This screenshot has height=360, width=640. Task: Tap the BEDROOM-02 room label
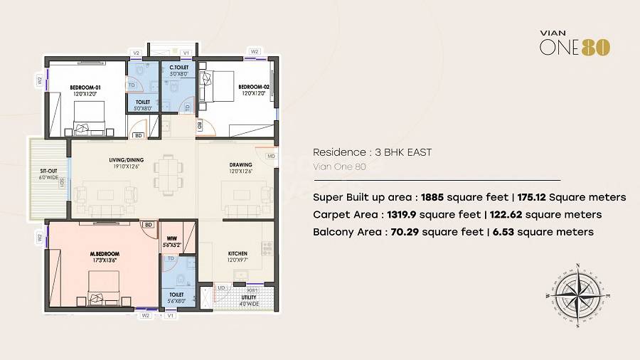click(252, 88)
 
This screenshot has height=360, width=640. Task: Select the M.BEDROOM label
click(105, 254)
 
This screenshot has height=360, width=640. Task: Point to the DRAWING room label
click(241, 164)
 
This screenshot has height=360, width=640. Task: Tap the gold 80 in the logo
click(596, 47)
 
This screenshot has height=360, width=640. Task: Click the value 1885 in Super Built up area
click(434, 197)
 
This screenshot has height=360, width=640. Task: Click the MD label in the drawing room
click(271, 156)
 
